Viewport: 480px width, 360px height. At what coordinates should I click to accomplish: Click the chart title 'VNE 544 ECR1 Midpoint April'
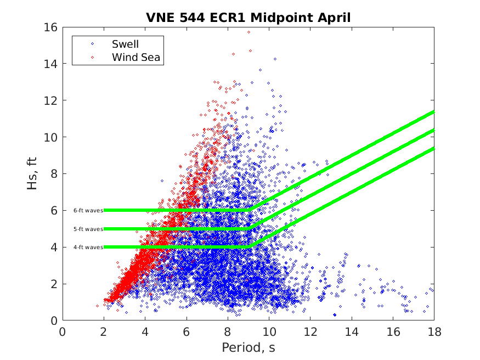248,17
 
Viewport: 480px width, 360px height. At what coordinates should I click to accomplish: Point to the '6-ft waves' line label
88,210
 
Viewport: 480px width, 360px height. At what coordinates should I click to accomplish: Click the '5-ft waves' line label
88,229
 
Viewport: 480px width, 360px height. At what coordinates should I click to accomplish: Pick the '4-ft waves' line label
88,247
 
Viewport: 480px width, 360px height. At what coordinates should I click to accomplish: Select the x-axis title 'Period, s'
248,347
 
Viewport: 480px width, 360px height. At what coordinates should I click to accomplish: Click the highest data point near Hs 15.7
249,32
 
